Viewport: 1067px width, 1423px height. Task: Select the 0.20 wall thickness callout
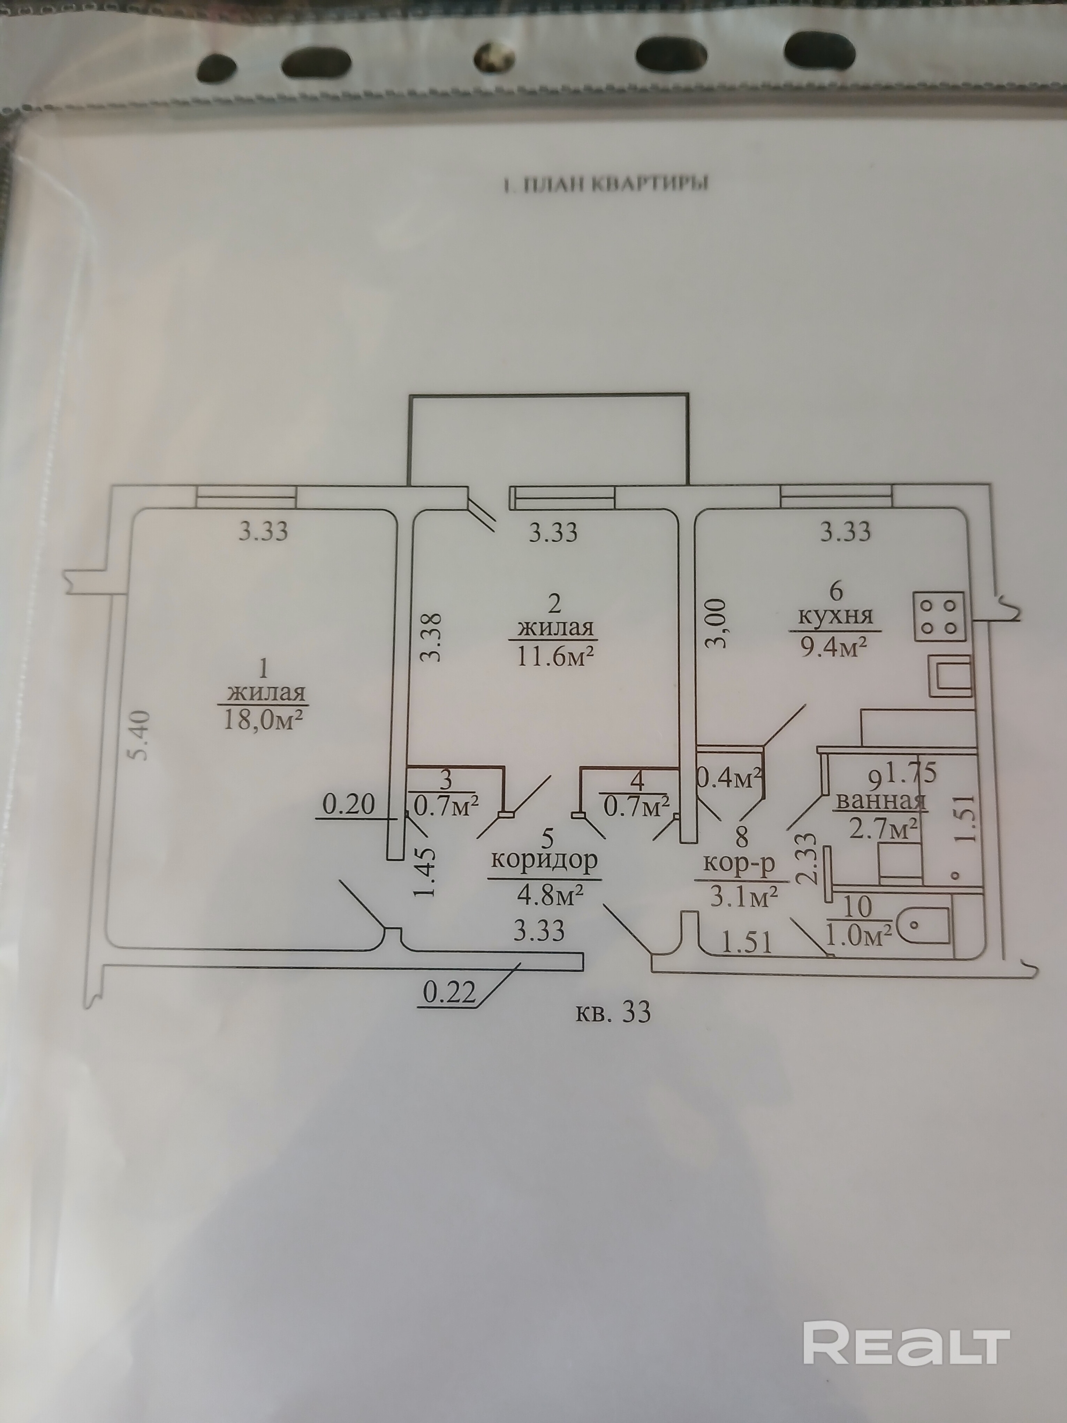348,805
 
